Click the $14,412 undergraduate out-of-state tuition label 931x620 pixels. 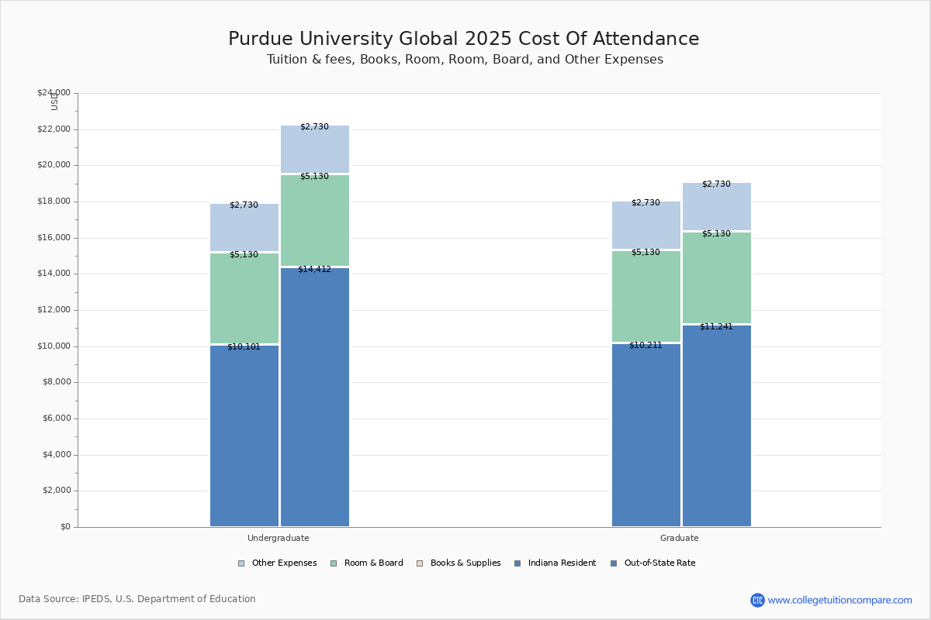coord(314,270)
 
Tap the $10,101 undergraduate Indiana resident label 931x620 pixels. coord(244,347)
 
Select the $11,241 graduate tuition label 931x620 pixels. coord(716,327)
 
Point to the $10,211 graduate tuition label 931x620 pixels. coord(645,346)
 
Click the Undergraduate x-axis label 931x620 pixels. coord(279,538)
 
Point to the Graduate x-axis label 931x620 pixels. coord(680,538)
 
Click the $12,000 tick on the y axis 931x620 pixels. coord(54,310)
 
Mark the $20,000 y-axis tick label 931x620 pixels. coord(54,165)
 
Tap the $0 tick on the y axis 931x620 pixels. coord(64,527)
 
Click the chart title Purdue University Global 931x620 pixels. coord(464,40)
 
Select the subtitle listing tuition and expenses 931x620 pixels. coord(465,60)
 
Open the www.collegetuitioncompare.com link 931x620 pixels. coord(839,600)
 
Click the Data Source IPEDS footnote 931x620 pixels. coord(137,599)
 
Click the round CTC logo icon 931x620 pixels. coord(757,600)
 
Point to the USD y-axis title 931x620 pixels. coord(54,102)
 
